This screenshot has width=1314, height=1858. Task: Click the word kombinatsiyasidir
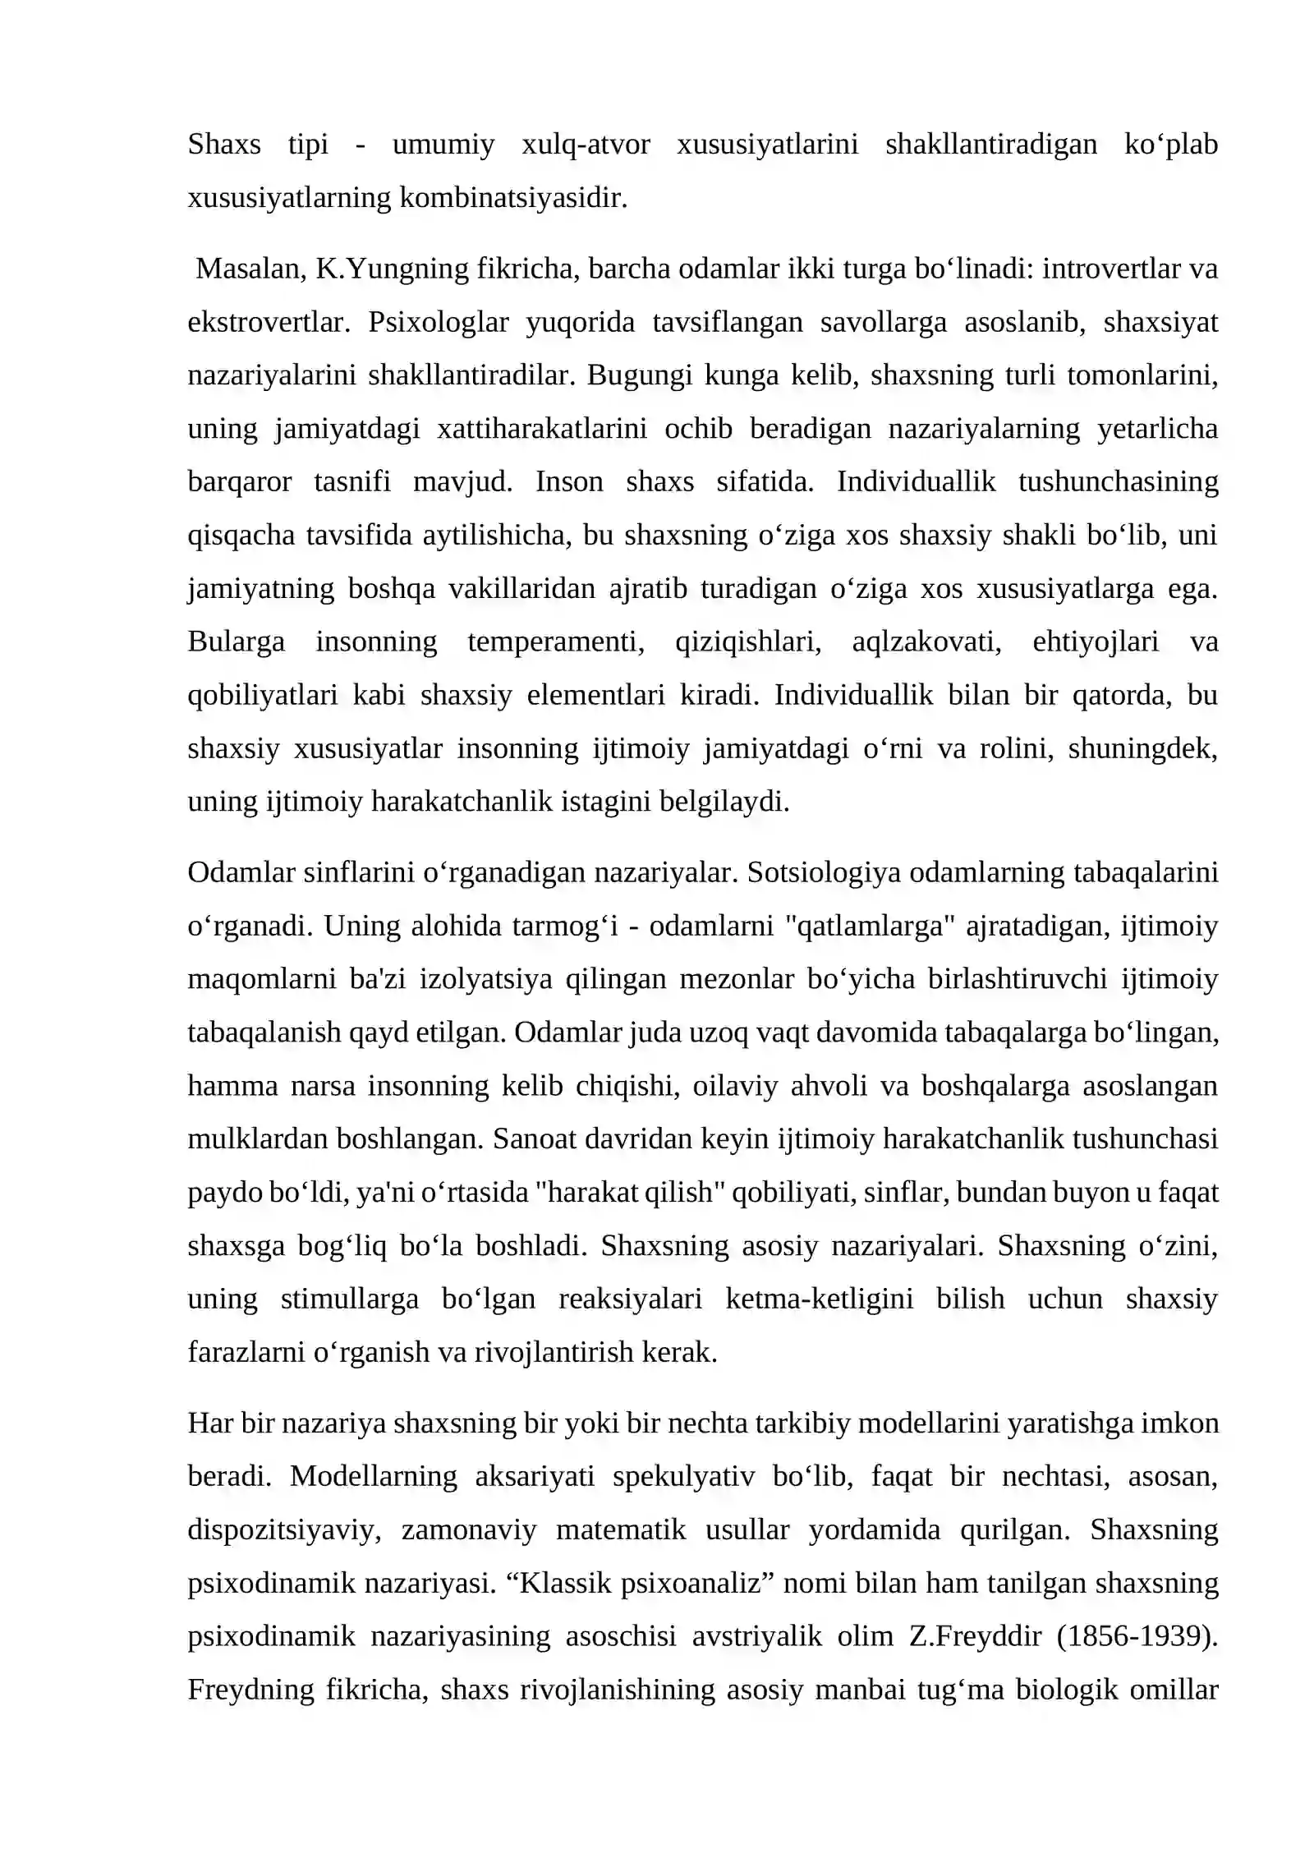point(513,198)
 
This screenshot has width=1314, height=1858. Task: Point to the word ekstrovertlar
point(269,322)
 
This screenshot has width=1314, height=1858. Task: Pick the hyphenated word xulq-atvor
point(586,145)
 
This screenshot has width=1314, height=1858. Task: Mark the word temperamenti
point(556,642)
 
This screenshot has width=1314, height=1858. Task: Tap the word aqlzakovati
point(926,642)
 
